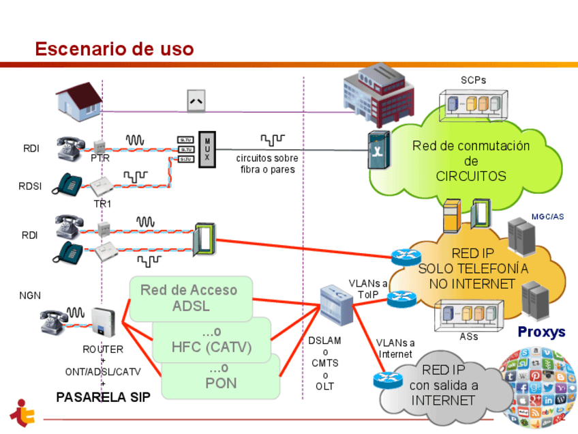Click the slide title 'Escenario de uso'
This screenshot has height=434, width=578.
point(115,49)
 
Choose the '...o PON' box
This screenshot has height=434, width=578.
point(221,376)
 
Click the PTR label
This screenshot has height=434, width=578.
point(100,158)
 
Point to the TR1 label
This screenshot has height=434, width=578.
point(102,203)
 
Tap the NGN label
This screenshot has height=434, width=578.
point(30,295)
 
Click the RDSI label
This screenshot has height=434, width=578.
point(31,186)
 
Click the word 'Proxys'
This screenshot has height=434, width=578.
point(541,332)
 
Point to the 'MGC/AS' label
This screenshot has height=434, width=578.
point(547,217)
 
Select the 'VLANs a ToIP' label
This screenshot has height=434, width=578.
point(368,288)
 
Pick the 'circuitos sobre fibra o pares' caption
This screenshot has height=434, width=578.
point(267,163)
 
